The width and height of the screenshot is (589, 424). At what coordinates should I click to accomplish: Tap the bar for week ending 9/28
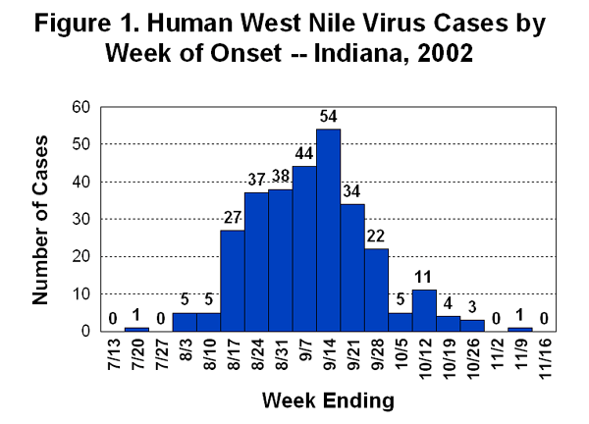(377, 290)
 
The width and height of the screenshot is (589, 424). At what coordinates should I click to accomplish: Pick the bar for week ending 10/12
(425, 310)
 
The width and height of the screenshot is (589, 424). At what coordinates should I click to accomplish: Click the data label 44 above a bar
(304, 155)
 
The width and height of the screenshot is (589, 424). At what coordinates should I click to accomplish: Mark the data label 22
(377, 237)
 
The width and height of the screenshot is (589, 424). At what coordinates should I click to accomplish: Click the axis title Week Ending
(329, 399)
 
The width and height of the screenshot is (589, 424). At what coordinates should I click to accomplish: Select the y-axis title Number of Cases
(40, 218)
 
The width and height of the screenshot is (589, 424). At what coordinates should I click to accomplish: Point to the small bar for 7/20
(136, 329)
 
